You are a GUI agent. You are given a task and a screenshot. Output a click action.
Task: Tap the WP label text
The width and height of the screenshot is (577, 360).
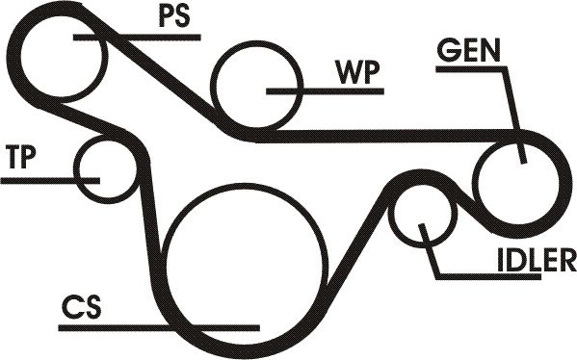coord(357,72)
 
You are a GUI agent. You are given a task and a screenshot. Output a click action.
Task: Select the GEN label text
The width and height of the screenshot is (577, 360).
coord(468,50)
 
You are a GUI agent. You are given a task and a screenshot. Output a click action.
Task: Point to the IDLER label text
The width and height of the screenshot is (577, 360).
coord(537,260)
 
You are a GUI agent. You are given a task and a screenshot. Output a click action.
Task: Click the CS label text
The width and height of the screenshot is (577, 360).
coord(81,307)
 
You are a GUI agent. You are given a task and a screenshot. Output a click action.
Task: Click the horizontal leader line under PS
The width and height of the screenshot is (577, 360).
coord(137,38)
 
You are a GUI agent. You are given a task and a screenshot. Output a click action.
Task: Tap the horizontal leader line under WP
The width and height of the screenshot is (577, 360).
coord(325,91)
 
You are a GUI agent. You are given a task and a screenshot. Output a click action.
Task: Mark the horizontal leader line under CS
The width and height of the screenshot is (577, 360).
coord(159,327)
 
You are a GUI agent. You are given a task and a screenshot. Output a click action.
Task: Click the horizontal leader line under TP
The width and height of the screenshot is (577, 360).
coord(50,180)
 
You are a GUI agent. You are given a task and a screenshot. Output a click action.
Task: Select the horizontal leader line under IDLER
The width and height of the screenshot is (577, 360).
coord(488,276)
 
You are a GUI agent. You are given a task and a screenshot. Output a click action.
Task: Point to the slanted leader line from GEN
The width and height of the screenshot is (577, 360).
coord(514,115)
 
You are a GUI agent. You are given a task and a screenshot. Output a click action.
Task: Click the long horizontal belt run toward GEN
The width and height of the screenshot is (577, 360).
coord(386,136)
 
